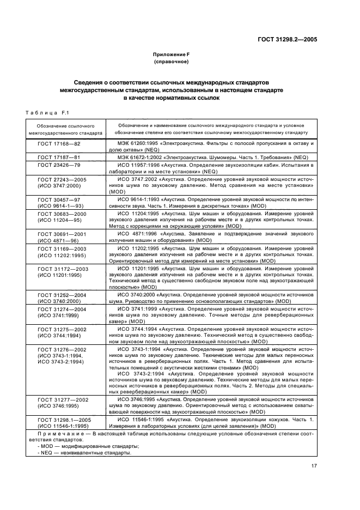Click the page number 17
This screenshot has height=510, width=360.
(x=314, y=465)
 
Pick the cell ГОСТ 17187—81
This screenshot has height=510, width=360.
(x=59, y=157)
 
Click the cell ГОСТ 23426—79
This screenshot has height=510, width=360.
(x=59, y=164)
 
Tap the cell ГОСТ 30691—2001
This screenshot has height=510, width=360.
(x=59, y=235)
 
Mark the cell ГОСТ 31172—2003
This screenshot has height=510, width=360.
(x=59, y=270)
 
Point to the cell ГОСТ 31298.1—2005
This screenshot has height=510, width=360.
(x=59, y=420)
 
